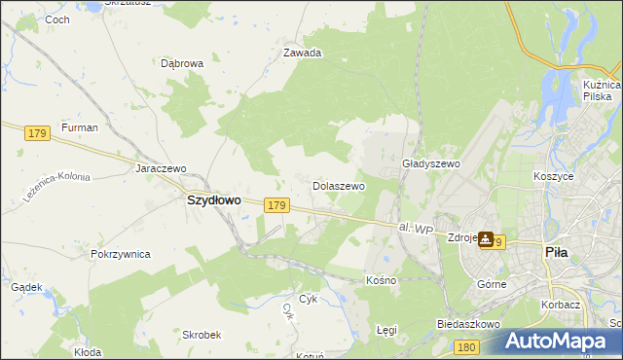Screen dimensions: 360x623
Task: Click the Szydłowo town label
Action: (x=213, y=199)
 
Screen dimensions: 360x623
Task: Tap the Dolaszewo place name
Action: (x=338, y=185)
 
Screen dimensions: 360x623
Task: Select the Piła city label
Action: (x=556, y=252)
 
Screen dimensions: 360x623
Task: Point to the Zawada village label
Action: (x=302, y=54)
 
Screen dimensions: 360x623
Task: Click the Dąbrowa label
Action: (x=182, y=64)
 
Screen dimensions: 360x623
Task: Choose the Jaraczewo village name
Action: (x=161, y=167)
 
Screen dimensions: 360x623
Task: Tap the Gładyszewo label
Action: (x=430, y=164)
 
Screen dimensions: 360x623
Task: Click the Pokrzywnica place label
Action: (x=120, y=254)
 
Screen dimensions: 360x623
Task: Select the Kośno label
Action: (x=381, y=280)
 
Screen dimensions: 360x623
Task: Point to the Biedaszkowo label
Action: (x=468, y=323)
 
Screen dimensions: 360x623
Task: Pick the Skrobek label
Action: (x=200, y=334)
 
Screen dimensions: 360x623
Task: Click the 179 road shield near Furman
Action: (x=38, y=132)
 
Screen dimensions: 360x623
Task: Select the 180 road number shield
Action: (x=468, y=346)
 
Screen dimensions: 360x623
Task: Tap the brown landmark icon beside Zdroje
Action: (x=486, y=240)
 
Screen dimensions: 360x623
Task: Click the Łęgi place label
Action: (x=386, y=330)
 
